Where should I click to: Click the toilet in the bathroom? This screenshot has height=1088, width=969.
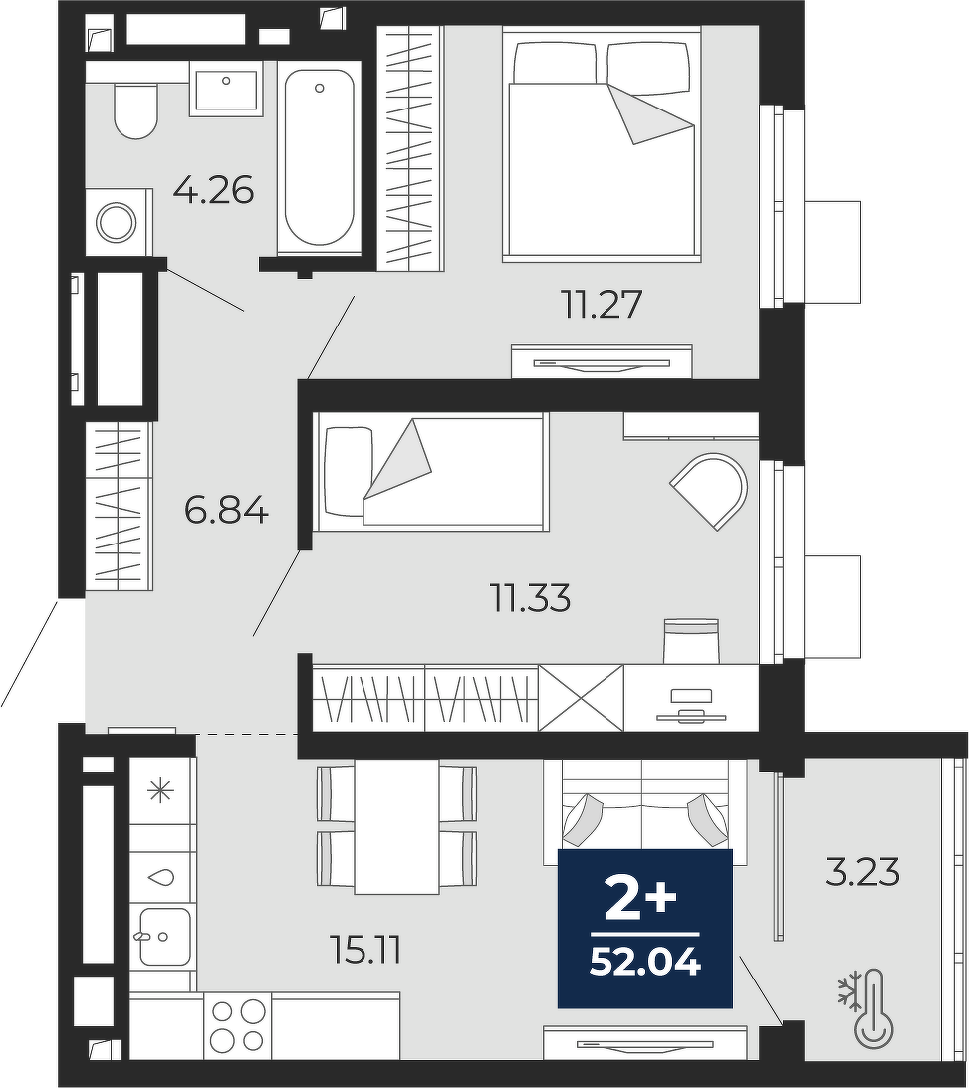135,111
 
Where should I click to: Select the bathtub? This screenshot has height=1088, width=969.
319,157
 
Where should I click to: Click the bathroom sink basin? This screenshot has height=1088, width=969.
226,89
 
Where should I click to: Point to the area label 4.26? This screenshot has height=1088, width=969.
214,190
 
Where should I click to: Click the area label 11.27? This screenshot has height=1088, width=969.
603,304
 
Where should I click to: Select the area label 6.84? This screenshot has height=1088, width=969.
226,511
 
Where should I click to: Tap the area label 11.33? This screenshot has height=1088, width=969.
531,597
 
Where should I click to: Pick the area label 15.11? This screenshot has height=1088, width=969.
365,950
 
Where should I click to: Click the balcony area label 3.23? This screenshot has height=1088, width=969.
862,872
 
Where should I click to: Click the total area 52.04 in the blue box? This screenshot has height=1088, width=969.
645,963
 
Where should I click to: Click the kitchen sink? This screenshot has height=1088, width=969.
164,936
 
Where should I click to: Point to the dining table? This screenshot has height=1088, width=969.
396,826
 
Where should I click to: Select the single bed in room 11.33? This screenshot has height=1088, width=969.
430,472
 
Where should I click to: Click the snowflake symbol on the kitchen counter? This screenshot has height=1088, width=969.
160,790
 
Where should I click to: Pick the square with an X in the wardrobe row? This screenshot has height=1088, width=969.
581,698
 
